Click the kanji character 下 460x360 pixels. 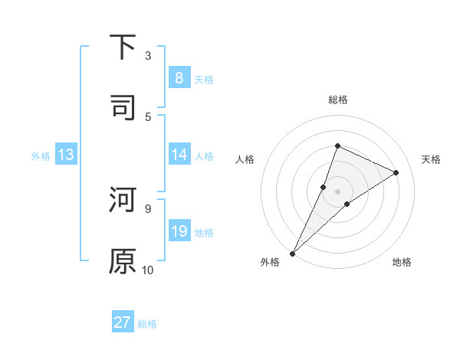[x=123, y=47]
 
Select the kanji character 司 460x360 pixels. [x=123, y=106]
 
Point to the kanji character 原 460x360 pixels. [x=123, y=261]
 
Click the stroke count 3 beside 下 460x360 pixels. [x=148, y=55]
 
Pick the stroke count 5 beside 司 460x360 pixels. [x=148, y=116]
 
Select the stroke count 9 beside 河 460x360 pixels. [x=148, y=208]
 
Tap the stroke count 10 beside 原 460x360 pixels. [x=148, y=270]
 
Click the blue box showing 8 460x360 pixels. [x=179, y=77]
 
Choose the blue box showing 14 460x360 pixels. [x=179, y=155]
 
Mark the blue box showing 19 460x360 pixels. [x=179, y=231]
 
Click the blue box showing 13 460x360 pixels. [x=66, y=155]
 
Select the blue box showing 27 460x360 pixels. [x=123, y=322]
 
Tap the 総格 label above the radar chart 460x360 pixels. [x=337, y=100]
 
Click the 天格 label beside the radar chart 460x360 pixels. [x=432, y=159]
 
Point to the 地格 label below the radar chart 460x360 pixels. [x=402, y=262]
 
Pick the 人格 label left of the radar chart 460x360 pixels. [x=245, y=159]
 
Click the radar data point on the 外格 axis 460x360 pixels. [x=292, y=253]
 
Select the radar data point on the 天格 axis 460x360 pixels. [x=396, y=172]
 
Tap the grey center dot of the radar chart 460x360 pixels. [x=337, y=191]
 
